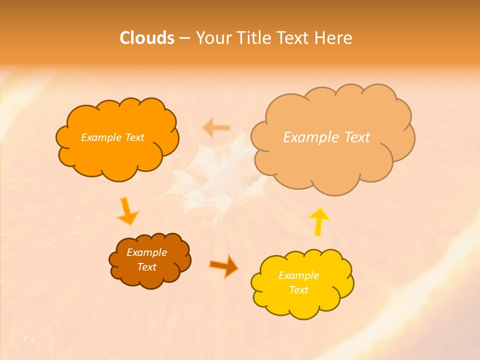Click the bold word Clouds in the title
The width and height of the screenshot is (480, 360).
point(147,38)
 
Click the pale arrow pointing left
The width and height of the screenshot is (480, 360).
point(216,128)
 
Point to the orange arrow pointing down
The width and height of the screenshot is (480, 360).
point(127,211)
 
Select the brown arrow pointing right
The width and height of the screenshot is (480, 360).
point(224,265)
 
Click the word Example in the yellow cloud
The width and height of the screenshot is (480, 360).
point(298,275)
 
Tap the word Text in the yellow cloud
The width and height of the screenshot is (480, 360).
point(298,290)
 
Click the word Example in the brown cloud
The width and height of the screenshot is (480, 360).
point(146,252)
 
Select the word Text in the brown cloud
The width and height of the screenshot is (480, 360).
point(146,267)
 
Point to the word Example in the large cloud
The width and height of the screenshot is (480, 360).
point(307,137)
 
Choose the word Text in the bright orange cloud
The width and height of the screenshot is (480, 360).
point(134,137)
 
